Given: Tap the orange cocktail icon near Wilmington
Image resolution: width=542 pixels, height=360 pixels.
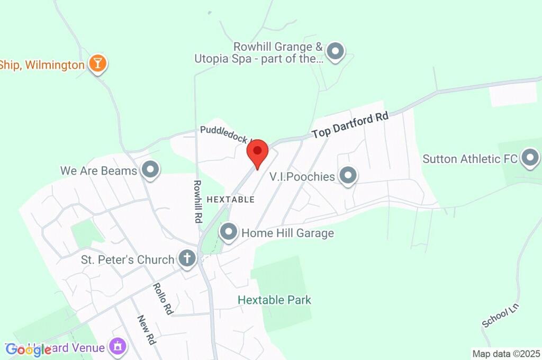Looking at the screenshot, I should tap(97, 64).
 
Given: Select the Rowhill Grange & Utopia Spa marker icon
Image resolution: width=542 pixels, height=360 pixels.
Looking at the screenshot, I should tap(335, 52).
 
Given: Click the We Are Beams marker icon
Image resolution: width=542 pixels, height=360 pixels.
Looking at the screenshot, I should tap(151, 170).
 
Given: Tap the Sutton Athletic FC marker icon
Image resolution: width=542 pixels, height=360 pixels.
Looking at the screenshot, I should tap(530, 158).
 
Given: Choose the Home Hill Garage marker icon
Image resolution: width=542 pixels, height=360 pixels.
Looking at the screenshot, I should tap(229, 232).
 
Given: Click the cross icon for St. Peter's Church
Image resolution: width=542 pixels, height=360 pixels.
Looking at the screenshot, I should tap(186, 259).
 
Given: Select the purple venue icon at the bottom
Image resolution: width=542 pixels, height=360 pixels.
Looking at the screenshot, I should tap(118, 347).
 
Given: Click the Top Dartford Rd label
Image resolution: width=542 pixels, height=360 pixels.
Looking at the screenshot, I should tap(350, 125).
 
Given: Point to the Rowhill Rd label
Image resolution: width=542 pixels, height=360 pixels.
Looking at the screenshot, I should tap(197, 201).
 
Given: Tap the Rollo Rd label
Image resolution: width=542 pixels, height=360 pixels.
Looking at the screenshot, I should tap(163, 299).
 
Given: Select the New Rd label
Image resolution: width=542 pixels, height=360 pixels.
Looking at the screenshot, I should tap(146, 330).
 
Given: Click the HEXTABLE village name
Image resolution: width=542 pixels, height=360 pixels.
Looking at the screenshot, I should tap(230, 200).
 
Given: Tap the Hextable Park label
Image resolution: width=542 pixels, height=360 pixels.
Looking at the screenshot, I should tap(274, 300).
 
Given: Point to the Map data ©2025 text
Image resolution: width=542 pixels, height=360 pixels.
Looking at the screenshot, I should tap(506, 354).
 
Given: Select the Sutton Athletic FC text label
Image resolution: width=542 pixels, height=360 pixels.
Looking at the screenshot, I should tap(469, 158).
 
